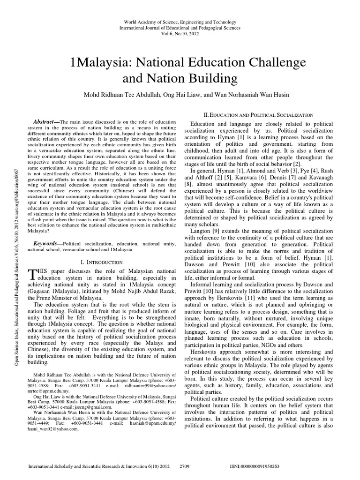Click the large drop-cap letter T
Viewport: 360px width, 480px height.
(x=32, y=276)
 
